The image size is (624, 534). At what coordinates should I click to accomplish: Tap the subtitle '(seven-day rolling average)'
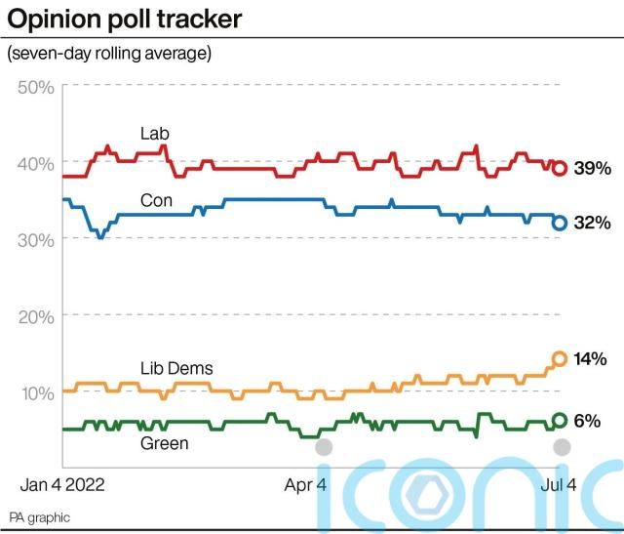tap(108, 53)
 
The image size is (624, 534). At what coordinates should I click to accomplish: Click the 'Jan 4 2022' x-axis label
tap(63, 482)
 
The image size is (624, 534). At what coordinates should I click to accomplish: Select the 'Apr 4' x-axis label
tap(306, 482)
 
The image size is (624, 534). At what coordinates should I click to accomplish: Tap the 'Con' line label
tap(157, 201)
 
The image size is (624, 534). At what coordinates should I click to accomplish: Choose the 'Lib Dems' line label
tap(176, 368)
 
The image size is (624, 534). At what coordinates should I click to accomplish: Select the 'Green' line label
tap(164, 443)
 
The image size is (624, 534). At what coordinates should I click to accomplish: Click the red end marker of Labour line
tap(560, 168)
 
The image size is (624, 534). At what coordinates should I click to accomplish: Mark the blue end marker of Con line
tap(560, 223)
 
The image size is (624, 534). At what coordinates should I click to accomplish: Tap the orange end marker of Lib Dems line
tap(560, 358)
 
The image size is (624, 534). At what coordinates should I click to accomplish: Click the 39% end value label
tap(592, 168)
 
